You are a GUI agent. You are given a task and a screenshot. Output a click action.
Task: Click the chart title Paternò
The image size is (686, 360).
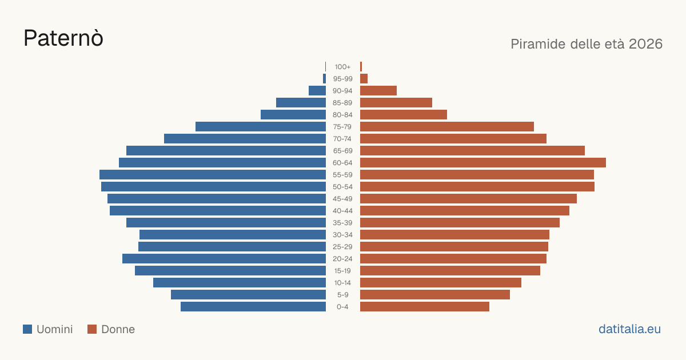(x=63, y=39)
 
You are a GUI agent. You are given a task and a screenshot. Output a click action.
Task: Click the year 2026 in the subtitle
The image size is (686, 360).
(x=645, y=44)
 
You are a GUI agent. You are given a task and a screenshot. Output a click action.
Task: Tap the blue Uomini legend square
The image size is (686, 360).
(x=27, y=329)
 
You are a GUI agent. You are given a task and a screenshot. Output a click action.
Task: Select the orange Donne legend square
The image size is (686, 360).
(x=92, y=329)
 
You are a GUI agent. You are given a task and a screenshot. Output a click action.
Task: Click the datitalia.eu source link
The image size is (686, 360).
(x=629, y=329)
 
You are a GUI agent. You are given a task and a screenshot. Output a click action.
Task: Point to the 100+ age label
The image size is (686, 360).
(x=342, y=67)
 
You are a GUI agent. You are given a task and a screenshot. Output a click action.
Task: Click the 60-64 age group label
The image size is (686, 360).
(x=342, y=162)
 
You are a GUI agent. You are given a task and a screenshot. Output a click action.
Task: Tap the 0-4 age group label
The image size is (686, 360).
(x=342, y=307)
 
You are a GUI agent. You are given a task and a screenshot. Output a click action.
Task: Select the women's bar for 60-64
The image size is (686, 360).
(x=483, y=162)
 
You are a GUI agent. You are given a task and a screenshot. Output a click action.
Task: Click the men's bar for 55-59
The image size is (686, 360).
(x=213, y=174)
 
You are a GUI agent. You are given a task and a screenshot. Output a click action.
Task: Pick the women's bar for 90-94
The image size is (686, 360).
(x=378, y=91)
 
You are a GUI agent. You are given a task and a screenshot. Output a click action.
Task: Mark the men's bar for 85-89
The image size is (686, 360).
(x=301, y=102)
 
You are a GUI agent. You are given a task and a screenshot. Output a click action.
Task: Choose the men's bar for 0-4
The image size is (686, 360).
(x=253, y=307)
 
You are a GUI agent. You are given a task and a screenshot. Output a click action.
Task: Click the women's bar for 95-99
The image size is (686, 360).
(x=364, y=79)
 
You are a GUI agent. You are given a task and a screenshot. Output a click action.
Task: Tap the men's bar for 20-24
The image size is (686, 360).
(x=224, y=259)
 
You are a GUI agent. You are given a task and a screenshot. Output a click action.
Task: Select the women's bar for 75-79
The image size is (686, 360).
(x=447, y=127)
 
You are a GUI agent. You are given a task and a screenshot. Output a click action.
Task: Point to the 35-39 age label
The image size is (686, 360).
(x=342, y=222)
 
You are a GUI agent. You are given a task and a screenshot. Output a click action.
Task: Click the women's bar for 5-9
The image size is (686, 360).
(x=435, y=294)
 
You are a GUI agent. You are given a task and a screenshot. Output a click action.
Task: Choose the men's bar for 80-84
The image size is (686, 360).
(x=293, y=114)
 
